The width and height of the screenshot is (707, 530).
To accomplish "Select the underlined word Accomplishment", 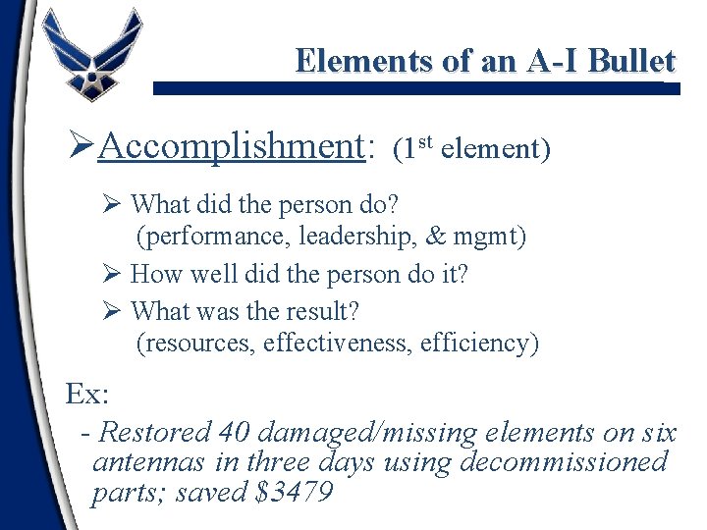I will [x=232, y=146].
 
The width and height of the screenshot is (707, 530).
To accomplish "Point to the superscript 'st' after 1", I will [x=424, y=142].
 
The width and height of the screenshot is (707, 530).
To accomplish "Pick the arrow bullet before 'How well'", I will [x=111, y=274].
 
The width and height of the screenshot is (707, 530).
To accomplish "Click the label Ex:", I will [x=86, y=394].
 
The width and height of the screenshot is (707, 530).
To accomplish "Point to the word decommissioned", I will [x=564, y=461].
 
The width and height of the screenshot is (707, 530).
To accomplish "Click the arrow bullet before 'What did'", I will [x=111, y=205].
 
